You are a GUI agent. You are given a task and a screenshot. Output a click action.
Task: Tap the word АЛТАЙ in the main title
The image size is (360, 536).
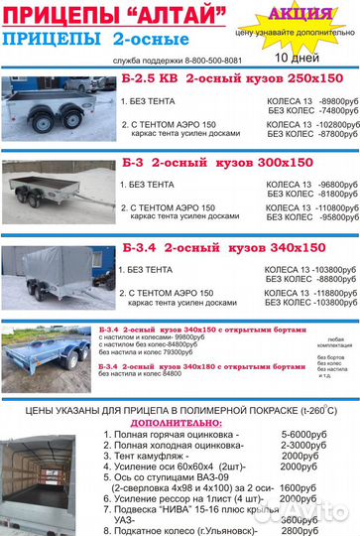[x=178, y=15]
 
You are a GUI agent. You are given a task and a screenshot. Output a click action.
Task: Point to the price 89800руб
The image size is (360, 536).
[x=323, y=100]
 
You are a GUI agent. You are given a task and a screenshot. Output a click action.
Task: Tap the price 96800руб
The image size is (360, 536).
[x=323, y=184]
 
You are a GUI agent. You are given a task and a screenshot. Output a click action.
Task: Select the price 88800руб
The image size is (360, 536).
[x=325, y=280]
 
